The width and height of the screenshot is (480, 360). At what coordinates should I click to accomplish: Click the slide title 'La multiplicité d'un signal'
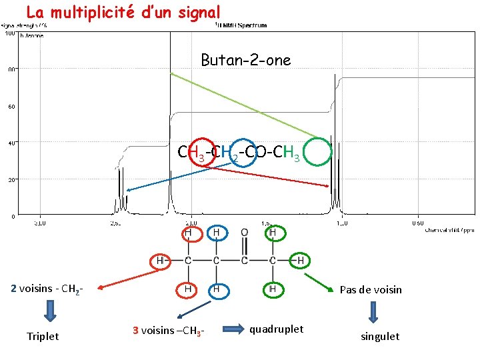click(122, 12)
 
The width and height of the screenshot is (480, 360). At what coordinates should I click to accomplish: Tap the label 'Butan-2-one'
click(246, 60)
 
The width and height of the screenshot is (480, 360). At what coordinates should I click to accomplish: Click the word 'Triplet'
click(42, 336)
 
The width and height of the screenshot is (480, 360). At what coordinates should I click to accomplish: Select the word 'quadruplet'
click(276, 329)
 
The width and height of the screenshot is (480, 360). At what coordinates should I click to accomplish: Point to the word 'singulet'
click(380, 337)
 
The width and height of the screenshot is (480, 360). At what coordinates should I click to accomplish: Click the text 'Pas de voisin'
click(371, 289)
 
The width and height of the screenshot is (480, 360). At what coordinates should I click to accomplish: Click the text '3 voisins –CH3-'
click(167, 330)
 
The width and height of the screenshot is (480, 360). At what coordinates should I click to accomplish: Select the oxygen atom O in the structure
click(245, 232)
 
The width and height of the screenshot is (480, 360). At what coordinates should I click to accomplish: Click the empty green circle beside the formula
click(319, 151)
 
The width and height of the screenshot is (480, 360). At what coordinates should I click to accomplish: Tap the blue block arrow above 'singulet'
click(373, 311)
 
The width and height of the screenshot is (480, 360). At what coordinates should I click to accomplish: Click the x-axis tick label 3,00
click(41, 224)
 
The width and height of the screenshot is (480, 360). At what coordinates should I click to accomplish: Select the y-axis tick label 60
click(12, 106)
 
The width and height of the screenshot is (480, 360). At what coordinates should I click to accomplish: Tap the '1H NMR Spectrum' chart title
click(241, 26)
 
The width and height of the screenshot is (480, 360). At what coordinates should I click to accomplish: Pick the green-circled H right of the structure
click(301, 260)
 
